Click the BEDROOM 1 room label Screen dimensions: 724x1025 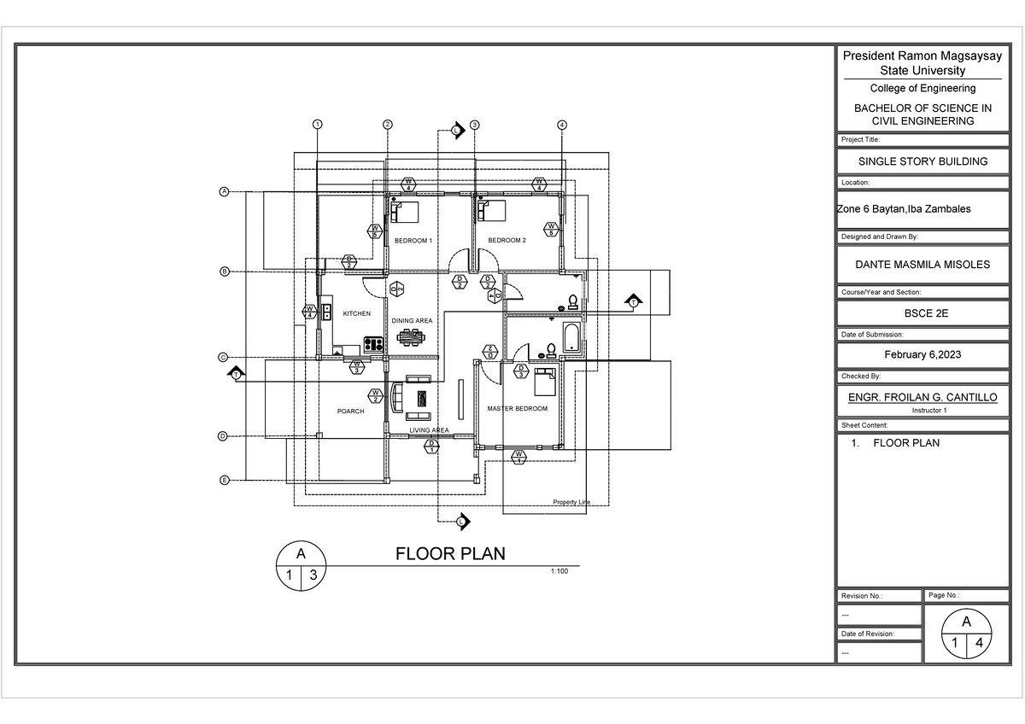click(413, 241)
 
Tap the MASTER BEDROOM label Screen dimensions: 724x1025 click(517, 409)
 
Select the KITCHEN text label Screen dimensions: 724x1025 click(356, 314)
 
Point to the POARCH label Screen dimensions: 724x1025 click(350, 412)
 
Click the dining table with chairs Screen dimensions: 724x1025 click(413, 336)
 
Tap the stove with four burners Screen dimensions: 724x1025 click(373, 344)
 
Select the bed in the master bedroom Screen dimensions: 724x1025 click(544, 382)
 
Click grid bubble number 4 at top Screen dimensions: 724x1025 click(561, 125)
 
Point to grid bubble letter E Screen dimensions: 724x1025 click(225, 481)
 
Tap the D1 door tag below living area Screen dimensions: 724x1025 click(431, 445)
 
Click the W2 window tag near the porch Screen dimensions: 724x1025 click(375, 395)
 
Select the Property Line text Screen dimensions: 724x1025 click(571, 502)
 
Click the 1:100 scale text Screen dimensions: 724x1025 click(559, 571)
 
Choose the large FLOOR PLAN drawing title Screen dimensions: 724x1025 click(450, 553)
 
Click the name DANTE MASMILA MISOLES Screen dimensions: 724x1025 click(922, 265)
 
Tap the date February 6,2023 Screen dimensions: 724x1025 click(922, 354)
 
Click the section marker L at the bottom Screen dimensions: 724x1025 click(461, 521)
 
